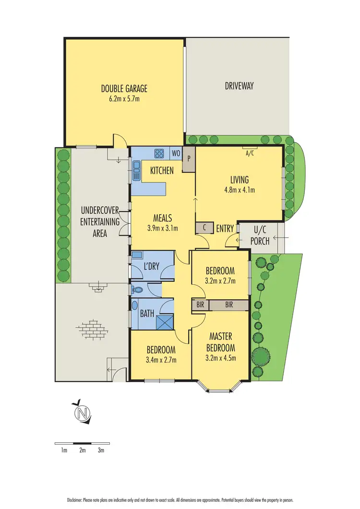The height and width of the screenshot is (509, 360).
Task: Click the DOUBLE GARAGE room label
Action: (124, 88)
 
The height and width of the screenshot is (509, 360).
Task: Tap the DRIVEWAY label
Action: (239, 86)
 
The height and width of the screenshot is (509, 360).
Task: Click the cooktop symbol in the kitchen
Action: (159, 153)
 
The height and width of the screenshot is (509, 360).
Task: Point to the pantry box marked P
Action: (189, 158)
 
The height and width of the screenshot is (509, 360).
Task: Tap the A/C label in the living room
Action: (250, 154)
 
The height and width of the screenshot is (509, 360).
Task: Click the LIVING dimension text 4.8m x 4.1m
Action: (239, 190)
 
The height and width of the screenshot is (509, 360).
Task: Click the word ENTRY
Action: (225, 229)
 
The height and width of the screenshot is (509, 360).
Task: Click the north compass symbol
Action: (83, 412)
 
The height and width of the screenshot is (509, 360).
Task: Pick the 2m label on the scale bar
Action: (82, 450)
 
